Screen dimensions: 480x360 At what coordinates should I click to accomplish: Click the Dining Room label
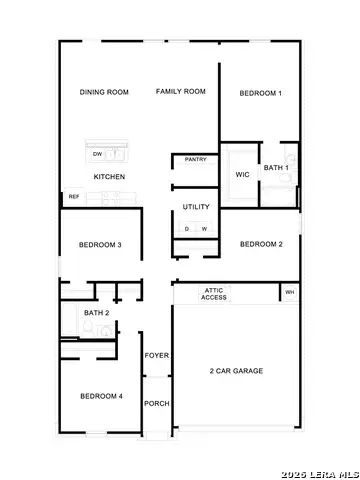tap(105, 92)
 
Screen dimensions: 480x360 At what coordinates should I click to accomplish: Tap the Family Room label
tap(180, 91)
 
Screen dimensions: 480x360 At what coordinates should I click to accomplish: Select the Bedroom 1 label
tap(260, 93)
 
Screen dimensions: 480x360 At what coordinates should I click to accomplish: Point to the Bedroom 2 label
tap(260, 244)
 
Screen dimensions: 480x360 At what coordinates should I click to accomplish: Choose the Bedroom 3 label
tap(100, 245)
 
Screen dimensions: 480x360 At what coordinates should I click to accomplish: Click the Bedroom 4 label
tap(101, 396)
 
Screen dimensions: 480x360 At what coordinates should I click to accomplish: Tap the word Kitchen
tap(109, 176)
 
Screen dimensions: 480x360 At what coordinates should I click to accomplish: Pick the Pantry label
tap(195, 159)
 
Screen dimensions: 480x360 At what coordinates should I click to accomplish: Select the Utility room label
tap(196, 207)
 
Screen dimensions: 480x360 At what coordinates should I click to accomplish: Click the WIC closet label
tap(242, 174)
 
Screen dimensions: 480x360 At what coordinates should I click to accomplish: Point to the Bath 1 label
tap(277, 168)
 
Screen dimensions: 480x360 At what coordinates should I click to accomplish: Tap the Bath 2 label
tap(97, 313)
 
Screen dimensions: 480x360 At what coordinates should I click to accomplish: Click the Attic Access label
tap(214, 293)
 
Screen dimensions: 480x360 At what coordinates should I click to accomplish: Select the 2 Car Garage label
tap(236, 371)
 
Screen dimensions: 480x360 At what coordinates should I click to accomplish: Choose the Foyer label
tap(156, 356)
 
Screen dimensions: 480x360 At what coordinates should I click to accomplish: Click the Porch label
tap(156, 404)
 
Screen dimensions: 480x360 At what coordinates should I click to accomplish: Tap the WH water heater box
tap(290, 293)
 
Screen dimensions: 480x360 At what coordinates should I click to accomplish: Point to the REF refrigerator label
tap(73, 196)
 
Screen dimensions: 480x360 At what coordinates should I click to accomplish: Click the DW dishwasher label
tap(97, 155)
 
